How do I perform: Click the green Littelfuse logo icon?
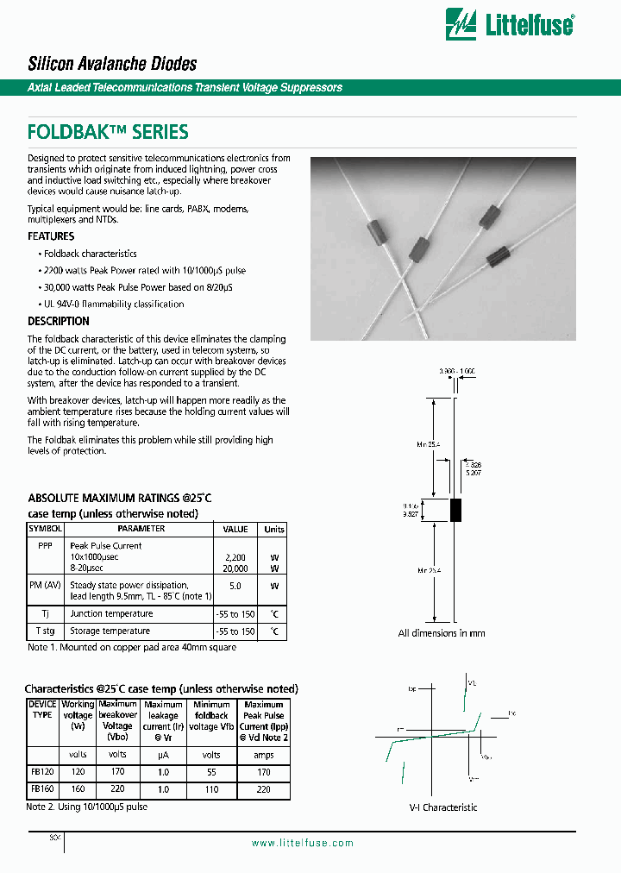tap(461, 25)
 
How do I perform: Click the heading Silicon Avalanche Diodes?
tap(112, 64)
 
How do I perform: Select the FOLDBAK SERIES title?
tap(108, 132)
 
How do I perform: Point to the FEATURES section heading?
tap(51, 236)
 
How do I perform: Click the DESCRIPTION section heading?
tap(59, 322)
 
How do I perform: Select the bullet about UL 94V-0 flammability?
tap(113, 305)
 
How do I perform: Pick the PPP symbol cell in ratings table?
tap(45, 546)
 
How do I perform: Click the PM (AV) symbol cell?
tap(45, 586)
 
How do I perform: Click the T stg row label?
tap(45, 631)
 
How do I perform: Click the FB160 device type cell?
tap(43, 789)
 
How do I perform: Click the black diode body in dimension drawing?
tap(455, 510)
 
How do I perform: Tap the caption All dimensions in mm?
tap(442, 633)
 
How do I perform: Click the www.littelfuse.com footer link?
tap(302, 844)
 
